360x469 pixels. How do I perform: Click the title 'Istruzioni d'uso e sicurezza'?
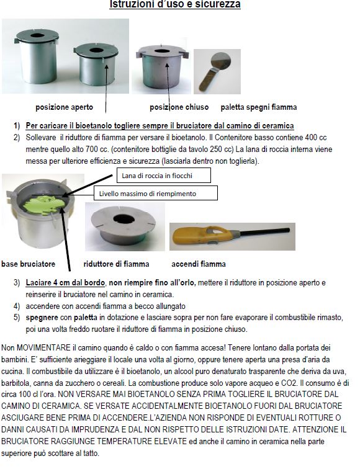pos(175,4)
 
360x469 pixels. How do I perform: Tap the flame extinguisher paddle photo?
pos(217,71)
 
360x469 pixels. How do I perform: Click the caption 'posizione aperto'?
pos(65,107)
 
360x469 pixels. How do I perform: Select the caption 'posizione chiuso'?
pos(179,107)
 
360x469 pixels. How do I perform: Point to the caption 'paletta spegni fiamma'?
pos(259,107)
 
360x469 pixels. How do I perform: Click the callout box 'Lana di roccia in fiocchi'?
pos(163,176)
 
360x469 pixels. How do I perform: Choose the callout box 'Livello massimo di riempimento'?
pos(156,193)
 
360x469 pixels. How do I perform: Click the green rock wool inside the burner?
pos(43,205)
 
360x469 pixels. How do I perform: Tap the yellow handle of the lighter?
pos(202,234)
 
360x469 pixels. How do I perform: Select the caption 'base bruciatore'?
pos(29,264)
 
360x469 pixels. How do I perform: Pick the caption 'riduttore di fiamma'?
pos(116,264)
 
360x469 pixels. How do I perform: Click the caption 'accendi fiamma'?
pos(199,264)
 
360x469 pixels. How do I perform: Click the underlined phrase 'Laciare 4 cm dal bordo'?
pos(65,282)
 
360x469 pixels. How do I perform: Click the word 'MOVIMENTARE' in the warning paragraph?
pos(44,347)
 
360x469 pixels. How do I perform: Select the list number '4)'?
pos(17,306)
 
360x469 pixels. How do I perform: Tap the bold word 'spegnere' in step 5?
pos(42,318)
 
